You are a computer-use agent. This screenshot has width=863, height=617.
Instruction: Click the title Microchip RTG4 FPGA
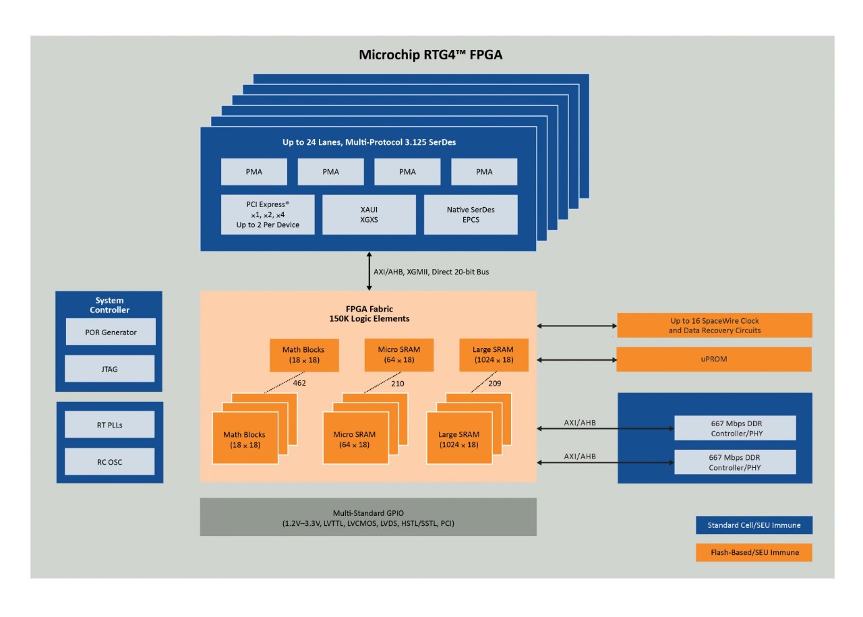tap(430, 55)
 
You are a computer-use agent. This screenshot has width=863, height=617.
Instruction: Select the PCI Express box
tap(268, 214)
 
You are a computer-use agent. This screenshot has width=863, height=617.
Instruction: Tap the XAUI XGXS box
tap(369, 214)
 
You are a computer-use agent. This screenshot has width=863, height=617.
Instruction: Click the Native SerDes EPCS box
tap(470, 214)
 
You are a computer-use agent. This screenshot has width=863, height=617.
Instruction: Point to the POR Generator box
tap(111, 332)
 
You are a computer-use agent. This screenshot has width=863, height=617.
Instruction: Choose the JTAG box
tap(111, 369)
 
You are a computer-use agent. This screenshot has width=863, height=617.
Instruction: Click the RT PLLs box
tap(109, 425)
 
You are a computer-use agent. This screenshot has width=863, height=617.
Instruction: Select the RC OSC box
tap(109, 462)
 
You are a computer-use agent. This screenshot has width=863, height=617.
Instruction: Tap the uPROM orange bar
tap(714, 359)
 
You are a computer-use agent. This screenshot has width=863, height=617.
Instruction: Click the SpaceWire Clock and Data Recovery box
tap(714, 326)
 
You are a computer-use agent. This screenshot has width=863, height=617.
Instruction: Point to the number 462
tap(300, 383)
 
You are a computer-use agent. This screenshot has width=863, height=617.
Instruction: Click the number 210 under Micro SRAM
tap(397, 383)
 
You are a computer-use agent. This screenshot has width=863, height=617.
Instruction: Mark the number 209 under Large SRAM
tap(494, 383)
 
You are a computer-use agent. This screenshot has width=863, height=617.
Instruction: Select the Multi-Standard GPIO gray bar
tap(368, 517)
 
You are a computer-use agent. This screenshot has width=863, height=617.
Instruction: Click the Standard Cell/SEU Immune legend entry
tap(753, 525)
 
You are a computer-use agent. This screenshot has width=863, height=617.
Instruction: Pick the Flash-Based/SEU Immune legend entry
tap(753, 552)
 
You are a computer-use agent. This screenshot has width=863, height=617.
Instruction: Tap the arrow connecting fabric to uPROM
tap(576, 359)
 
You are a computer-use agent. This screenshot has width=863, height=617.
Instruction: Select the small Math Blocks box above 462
tap(304, 355)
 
